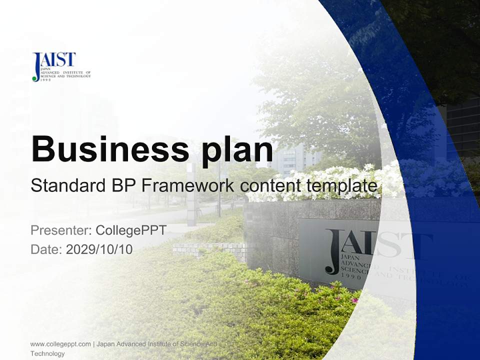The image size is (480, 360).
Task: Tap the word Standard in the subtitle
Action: pos(66,186)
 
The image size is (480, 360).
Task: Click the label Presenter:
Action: pos(60,230)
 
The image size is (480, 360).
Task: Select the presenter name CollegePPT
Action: pos(130,230)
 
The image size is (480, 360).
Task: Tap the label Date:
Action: pos(46,249)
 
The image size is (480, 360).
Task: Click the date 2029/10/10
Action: pos(99,249)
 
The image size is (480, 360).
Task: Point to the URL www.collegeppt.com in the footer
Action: pos(60,344)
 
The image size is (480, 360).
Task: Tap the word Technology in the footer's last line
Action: pos(47,353)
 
